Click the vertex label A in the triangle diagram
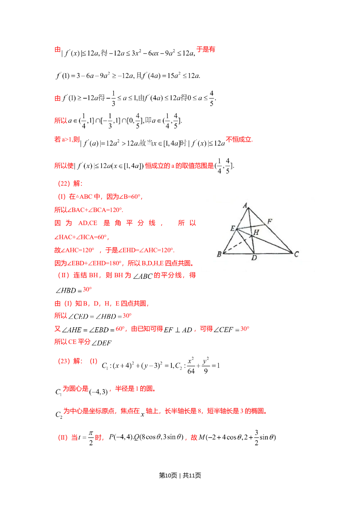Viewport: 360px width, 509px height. coord(245,206)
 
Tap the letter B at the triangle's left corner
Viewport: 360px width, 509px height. coord(219,255)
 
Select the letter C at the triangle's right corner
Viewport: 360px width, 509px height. coord(296,254)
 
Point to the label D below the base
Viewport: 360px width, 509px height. coord(254,258)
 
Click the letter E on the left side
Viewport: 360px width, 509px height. coord(233,228)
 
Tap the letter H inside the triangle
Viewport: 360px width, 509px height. coord(256,233)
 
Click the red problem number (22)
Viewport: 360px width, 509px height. coord(63,184)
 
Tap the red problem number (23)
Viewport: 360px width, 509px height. coord(63,361)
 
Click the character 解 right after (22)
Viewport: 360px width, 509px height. coord(77,184)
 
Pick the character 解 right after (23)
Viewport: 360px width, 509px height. coord(77,361)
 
